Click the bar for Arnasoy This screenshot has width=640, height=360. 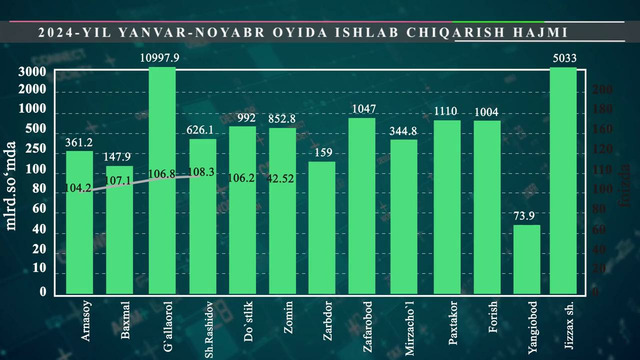tap(80, 221)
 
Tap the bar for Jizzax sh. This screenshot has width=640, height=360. tap(564, 180)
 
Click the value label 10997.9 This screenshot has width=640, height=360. tap(162, 59)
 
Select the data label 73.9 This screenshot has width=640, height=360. tap(526, 216)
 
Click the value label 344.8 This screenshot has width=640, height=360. tap(403, 130)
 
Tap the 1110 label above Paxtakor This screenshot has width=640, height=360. tap(445, 111)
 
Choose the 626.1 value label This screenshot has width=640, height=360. tap(203, 129)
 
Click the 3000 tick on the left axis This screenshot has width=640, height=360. tap(32, 73)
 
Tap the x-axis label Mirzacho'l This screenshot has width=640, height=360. tap(411, 322)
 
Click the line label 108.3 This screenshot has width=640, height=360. tap(203, 172)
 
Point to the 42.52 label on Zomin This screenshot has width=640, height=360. tap(282, 179)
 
